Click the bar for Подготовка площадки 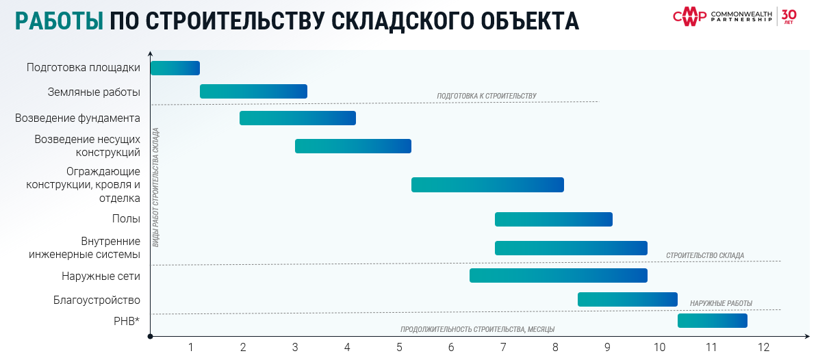[175, 68]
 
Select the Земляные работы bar [253, 91]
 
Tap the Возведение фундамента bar [297, 118]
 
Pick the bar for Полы [553, 219]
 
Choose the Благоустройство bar [627, 299]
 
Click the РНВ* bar [712, 320]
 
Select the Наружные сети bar [558, 275]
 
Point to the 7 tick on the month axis [503, 347]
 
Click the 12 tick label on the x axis [763, 347]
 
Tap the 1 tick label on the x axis [191, 347]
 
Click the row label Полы [126, 219]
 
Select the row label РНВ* [127, 320]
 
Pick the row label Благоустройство [97, 300]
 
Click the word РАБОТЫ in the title [59, 21]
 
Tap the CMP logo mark [689, 17]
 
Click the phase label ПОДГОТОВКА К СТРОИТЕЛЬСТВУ [487, 96]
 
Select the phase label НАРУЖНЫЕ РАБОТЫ [721, 303]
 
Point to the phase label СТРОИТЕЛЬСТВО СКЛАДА [704, 255]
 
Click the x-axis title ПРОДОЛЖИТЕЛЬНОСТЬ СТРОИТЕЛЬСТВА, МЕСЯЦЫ [477, 329]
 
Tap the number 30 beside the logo [789, 14]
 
